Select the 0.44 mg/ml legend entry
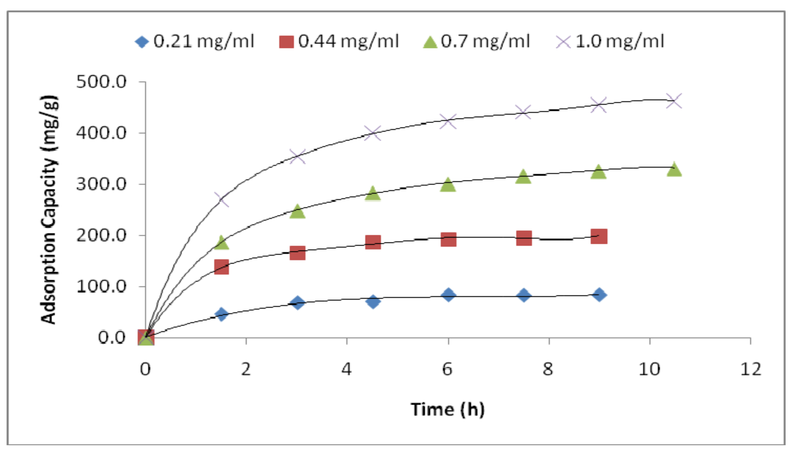(339, 41)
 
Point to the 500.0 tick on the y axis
(101, 82)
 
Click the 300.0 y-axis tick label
(101, 184)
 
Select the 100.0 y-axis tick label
(101, 286)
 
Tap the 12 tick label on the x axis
(751, 369)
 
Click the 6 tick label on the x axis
(447, 369)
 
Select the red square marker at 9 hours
(599, 237)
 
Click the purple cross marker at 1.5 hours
(222, 199)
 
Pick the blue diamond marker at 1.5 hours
(222, 315)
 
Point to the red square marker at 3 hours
(297, 253)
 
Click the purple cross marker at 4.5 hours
(373, 133)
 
